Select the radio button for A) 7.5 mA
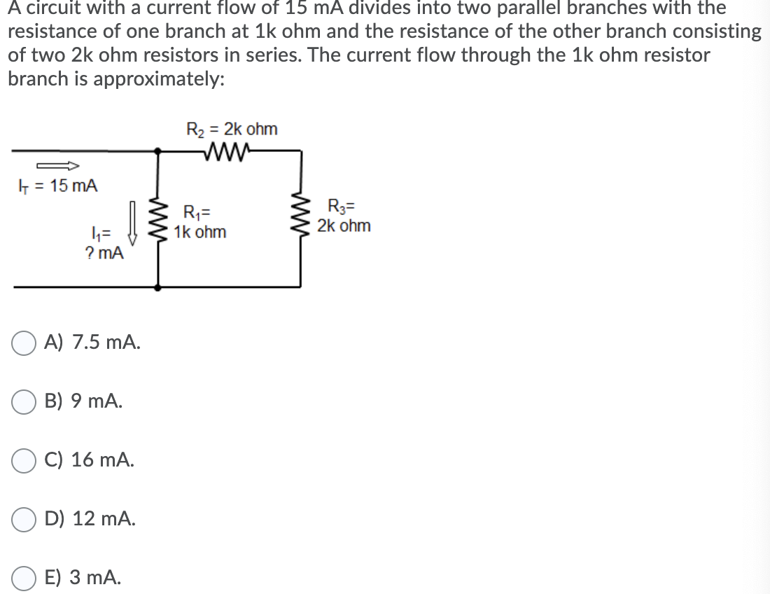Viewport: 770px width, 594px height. pyautogui.click(x=24, y=345)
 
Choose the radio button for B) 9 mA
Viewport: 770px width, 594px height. pyautogui.click(x=24, y=403)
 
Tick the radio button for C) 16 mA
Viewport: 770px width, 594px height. pyautogui.click(x=24, y=462)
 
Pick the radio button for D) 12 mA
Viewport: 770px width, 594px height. pyautogui.click(x=24, y=520)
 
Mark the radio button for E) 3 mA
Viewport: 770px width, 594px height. pyautogui.click(x=24, y=578)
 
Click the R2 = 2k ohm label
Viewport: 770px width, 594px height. pyautogui.click(x=232, y=130)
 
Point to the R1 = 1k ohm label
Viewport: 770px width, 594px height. pyautogui.click(x=199, y=222)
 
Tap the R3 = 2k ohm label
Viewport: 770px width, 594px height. pyautogui.click(x=344, y=216)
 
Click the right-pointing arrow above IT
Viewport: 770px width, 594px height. pyautogui.click(x=57, y=166)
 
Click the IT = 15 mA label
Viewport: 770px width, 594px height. pyautogui.click(x=57, y=186)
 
